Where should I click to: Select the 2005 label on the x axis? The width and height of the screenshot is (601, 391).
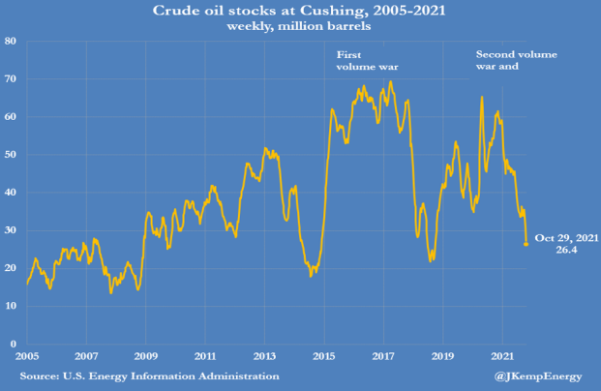coord(26,355)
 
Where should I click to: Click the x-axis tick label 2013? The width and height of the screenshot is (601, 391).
coord(265,355)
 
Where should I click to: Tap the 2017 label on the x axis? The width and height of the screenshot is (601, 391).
coord(384,355)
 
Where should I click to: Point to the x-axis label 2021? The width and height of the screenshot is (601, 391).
coord(503,355)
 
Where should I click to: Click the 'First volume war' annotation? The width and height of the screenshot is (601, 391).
coord(367,61)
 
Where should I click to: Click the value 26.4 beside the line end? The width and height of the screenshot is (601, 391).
coord(566,250)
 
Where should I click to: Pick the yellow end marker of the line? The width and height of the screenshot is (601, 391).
coord(526,244)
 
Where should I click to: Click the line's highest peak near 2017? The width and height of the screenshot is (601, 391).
coord(390,81)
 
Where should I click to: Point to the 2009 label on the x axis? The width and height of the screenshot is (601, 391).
coord(146,355)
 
